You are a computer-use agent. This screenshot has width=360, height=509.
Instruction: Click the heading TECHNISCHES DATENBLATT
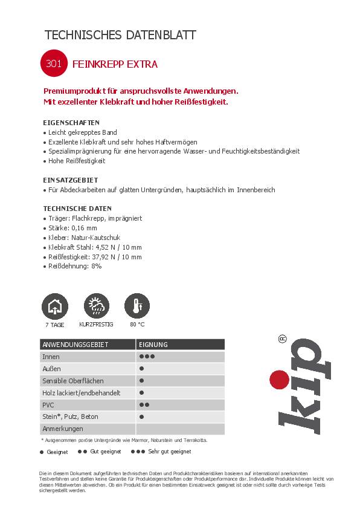(x=120, y=35)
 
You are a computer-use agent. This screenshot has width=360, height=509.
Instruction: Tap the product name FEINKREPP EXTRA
(x=115, y=63)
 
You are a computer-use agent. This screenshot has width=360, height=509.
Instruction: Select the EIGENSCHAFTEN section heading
(x=71, y=122)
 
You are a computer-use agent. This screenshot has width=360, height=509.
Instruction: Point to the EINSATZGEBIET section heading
(x=71, y=180)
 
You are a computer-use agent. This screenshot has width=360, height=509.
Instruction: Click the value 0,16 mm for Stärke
(x=84, y=228)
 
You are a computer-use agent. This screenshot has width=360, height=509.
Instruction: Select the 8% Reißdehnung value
(x=95, y=267)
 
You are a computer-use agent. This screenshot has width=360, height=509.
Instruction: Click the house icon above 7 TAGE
(x=54, y=306)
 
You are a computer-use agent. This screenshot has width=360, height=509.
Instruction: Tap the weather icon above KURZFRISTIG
(x=95, y=306)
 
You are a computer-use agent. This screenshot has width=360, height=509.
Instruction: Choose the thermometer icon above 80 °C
(x=137, y=306)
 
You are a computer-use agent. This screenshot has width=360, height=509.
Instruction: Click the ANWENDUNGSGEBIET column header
(x=75, y=345)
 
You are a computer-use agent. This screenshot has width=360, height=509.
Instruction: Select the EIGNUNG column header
(x=153, y=345)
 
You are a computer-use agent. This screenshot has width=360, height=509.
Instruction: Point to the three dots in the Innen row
(x=147, y=357)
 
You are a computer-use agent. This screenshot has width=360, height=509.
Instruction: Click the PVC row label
(x=48, y=404)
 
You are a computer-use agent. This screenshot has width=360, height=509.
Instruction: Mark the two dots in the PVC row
(x=144, y=404)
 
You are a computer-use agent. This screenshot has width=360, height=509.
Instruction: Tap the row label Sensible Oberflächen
(x=72, y=381)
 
